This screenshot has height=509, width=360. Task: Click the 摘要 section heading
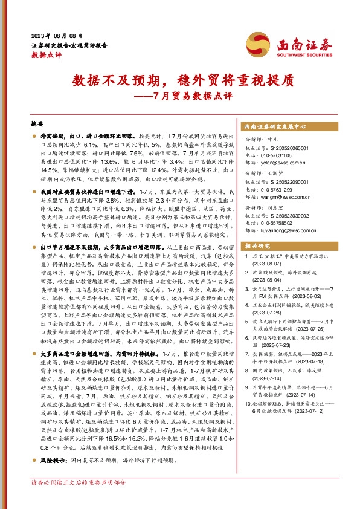click(x=37, y=123)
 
